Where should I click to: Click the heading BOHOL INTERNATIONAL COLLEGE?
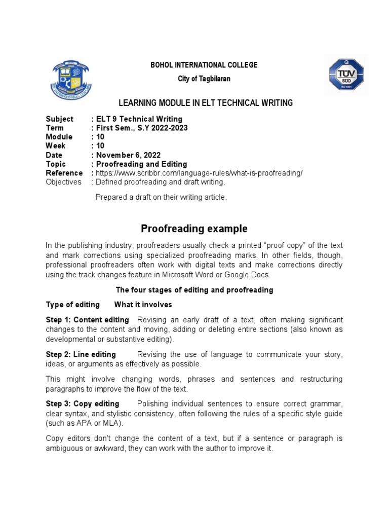pos(204,65)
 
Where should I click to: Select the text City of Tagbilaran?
pos(204,79)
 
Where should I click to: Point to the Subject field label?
pos(60,119)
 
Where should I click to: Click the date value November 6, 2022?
pos(130,155)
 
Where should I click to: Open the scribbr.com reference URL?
pos(199,173)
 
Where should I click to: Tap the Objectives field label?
pos(63,182)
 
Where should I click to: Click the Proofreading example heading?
pos(194,229)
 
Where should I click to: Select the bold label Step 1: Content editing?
pos(88,320)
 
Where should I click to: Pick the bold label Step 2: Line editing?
pos(81,354)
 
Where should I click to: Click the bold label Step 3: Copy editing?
pos(83,404)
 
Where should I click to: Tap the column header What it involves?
pos(143,305)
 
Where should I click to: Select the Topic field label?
pos(56,164)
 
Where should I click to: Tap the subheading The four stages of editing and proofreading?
pos(194,290)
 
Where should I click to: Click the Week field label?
pos(55,146)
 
